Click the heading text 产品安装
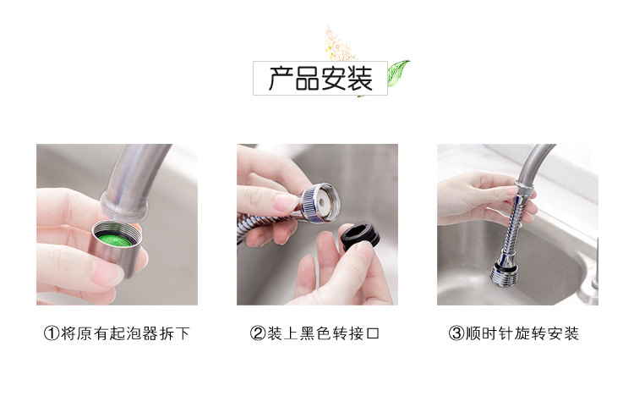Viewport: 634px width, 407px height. coord(320,78)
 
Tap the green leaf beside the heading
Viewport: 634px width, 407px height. coord(397,73)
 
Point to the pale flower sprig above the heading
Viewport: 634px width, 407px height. coord(339,45)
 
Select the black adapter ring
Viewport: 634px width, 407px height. coord(360,234)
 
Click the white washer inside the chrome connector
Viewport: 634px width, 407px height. coord(322,201)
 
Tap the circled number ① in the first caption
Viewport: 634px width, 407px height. coord(52,333)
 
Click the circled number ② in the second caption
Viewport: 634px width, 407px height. coord(258,333)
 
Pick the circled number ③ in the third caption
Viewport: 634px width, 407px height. coord(456,333)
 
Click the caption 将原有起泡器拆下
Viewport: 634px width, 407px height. coord(125,333)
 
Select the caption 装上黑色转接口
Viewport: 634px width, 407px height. coord(323,333)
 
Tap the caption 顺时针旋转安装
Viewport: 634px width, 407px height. coord(522,333)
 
